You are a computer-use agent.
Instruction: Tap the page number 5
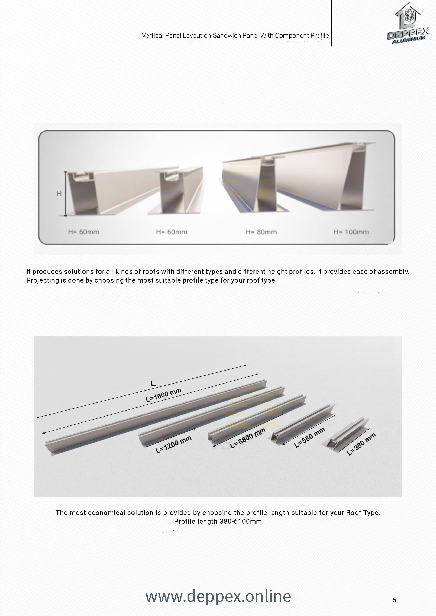pyautogui.click(x=394, y=600)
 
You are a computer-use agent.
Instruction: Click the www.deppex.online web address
pyautogui.click(x=218, y=596)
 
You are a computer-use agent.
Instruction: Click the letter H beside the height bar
pyautogui.click(x=59, y=194)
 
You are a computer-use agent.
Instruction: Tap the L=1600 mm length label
pyautogui.click(x=163, y=395)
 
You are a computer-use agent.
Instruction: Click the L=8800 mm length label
pyautogui.click(x=248, y=438)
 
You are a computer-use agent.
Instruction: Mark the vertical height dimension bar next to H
pyautogui.click(x=65, y=194)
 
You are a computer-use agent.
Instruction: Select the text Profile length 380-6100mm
pyautogui.click(x=218, y=521)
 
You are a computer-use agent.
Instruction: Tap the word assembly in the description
pyautogui.click(x=393, y=271)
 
